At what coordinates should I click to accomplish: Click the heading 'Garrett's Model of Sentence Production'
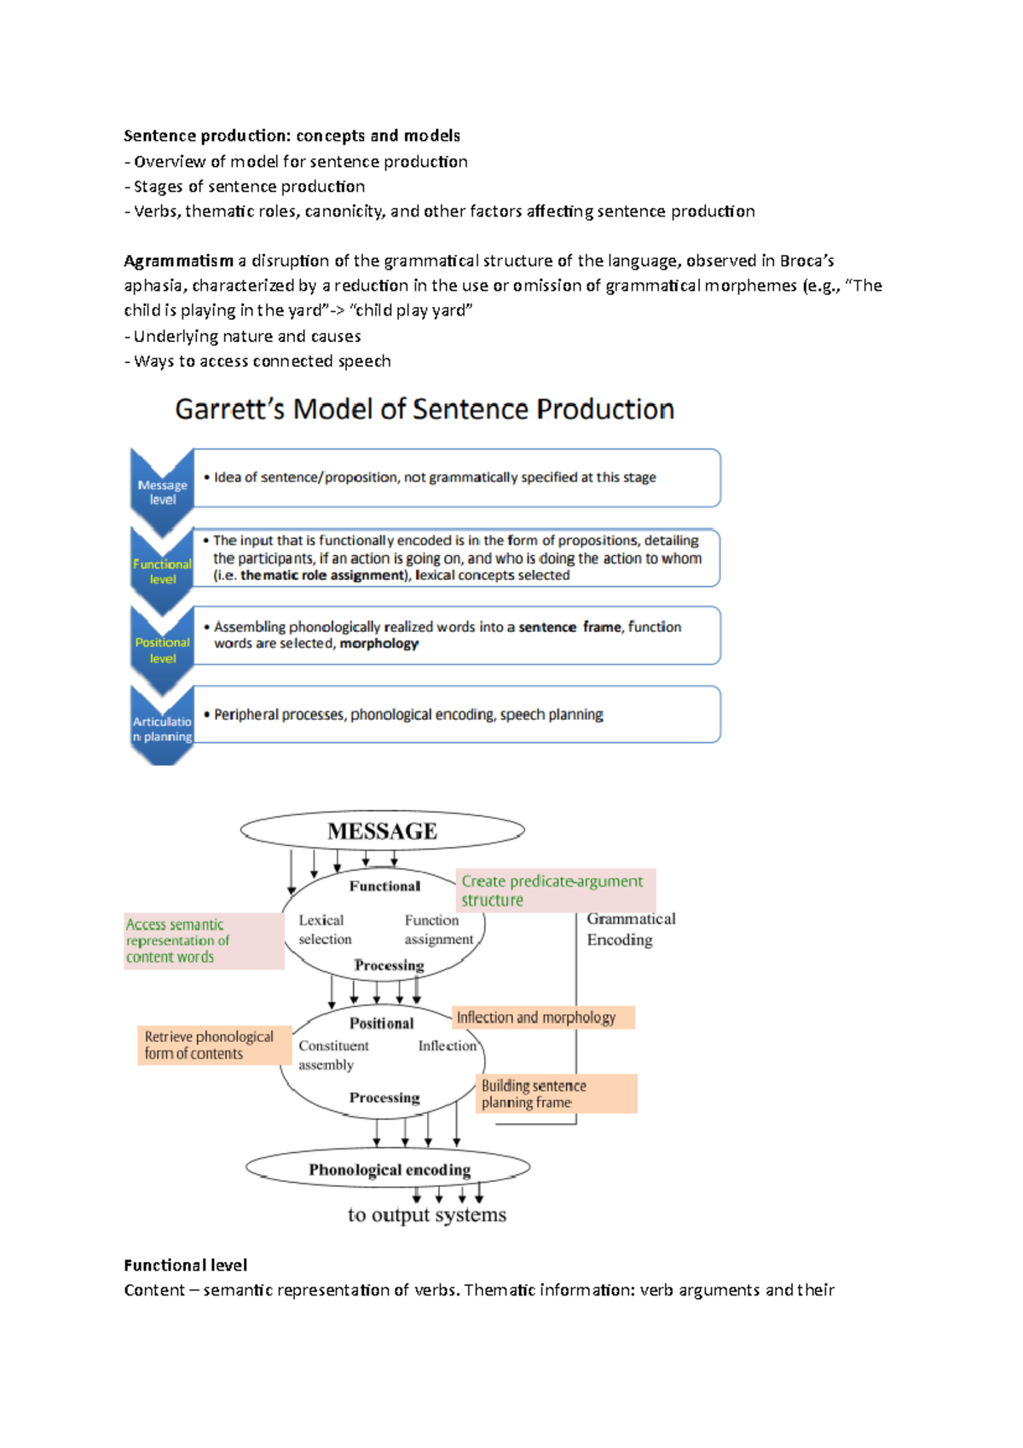click(425, 409)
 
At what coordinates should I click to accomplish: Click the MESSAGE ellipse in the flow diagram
click(382, 831)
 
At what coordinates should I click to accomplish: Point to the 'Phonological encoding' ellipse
click(389, 1169)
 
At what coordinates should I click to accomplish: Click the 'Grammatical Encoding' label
click(630, 929)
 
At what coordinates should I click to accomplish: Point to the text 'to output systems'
click(426, 1214)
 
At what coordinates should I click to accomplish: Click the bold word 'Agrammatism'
click(178, 261)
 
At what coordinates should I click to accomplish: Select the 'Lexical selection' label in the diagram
click(324, 930)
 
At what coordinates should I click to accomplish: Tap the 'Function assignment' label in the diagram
click(438, 930)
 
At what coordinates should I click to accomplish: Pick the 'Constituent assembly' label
click(332, 1055)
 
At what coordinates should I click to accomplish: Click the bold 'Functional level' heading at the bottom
click(185, 1265)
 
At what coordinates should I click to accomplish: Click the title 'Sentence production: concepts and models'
click(292, 136)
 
